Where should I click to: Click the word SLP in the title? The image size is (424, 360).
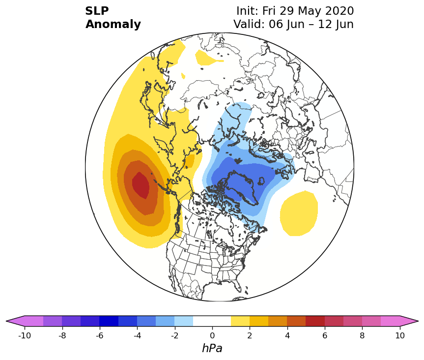[97, 11]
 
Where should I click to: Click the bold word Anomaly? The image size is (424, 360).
[113, 25]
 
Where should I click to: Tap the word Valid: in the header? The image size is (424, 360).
[249, 25]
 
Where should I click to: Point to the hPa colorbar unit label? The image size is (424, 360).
[212, 348]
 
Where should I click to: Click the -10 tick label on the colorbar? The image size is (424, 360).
[25, 335]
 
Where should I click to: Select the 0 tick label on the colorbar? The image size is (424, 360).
[212, 335]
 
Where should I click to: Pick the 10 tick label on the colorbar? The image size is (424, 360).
[400, 335]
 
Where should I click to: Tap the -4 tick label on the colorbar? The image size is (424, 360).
[138, 335]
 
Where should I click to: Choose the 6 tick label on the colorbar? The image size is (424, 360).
[325, 335]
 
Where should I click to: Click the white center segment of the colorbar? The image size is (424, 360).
[212, 321]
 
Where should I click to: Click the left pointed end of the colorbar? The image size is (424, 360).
[6, 321]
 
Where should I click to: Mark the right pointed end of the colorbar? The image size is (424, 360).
[418, 321]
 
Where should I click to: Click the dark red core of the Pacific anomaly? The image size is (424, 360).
[141, 185]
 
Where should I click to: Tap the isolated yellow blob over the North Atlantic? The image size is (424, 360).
[299, 213]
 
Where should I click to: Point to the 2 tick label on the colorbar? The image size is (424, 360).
[250, 335]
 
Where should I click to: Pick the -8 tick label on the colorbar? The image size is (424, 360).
[62, 335]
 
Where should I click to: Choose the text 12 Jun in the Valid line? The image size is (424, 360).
[336, 25]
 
